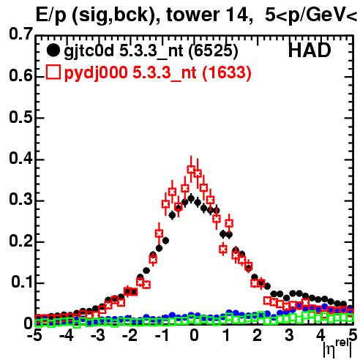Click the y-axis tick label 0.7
(x=20, y=34)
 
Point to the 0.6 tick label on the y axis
(x=20, y=75)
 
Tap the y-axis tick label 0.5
(x=20, y=117)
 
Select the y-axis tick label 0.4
(x=20, y=158)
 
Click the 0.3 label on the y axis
(x=20, y=199)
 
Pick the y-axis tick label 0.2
(x=20, y=241)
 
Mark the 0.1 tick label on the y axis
(x=22, y=282)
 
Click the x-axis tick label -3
(x=98, y=335)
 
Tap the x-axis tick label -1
(x=162, y=335)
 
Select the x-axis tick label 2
(x=258, y=335)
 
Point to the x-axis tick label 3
(x=289, y=335)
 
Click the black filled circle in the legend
(x=53, y=50)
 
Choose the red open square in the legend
(x=53, y=72)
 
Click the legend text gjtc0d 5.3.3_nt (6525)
(x=151, y=51)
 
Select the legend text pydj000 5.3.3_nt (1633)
(x=158, y=73)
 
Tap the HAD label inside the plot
(x=310, y=50)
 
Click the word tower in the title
(x=193, y=15)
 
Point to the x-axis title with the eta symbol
(x=337, y=348)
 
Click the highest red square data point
(x=191, y=169)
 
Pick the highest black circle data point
(x=191, y=199)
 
